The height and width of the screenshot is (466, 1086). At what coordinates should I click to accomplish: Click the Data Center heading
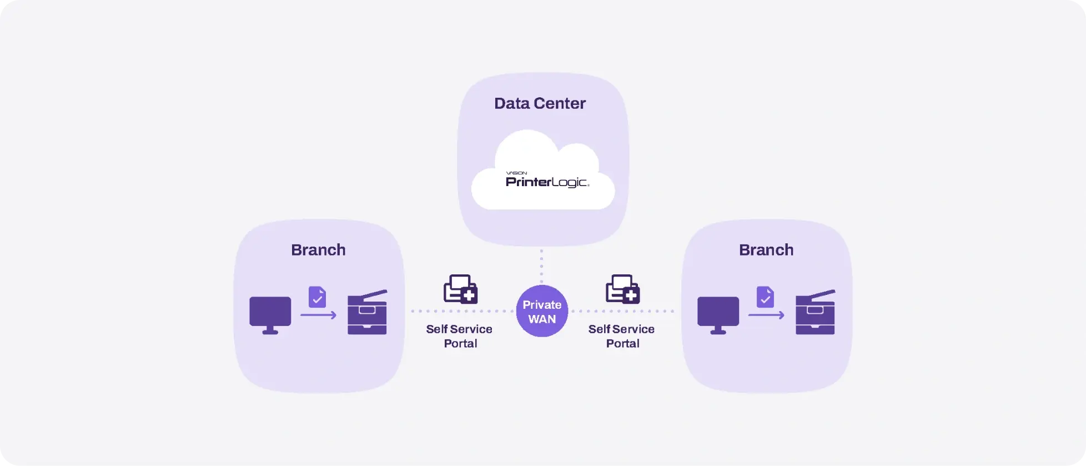540,103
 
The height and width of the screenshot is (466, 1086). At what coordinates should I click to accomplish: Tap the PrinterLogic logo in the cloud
547,180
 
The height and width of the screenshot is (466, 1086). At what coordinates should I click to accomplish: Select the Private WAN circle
542,311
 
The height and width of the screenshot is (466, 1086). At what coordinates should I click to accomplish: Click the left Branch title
318,250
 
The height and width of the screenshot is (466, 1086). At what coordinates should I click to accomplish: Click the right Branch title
766,250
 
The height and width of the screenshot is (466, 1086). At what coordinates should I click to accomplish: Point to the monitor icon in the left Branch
270,315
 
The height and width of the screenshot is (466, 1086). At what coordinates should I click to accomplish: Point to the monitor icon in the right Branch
718,315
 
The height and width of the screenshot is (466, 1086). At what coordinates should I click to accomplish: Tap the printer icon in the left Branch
367,312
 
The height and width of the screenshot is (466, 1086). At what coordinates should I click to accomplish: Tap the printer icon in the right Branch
815,312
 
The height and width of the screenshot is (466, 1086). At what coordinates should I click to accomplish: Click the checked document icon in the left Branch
317,297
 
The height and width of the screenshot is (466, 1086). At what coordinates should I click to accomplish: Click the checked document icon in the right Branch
765,297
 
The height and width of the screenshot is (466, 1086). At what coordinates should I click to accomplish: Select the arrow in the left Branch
318,315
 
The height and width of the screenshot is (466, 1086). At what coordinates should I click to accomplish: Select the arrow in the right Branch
766,315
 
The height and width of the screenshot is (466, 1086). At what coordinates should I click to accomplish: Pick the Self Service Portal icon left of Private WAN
460,289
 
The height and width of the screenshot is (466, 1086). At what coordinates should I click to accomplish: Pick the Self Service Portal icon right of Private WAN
622,289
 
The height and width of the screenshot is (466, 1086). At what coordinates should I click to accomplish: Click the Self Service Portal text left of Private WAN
459,336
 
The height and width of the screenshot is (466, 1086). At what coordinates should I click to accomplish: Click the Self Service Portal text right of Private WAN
621,336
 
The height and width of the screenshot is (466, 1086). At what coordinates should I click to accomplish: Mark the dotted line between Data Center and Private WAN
541,266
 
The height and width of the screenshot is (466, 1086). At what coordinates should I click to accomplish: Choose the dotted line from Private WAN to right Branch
622,311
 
